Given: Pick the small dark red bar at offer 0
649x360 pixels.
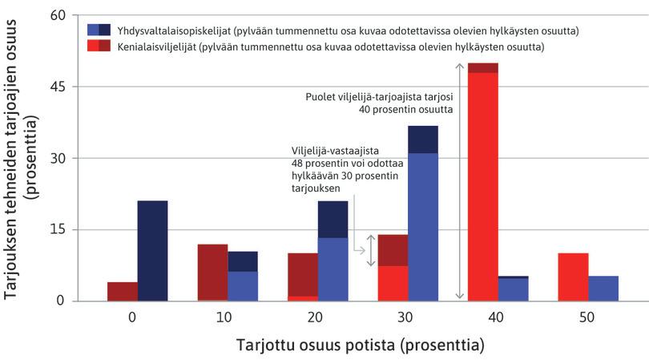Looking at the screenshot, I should click(123, 291).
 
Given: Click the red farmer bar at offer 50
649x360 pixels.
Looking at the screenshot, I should click(574, 277).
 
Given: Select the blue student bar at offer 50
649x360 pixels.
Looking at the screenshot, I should click(603, 288).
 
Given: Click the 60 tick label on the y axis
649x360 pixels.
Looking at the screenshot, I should click(59, 15).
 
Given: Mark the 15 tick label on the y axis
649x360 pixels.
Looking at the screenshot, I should click(59, 229).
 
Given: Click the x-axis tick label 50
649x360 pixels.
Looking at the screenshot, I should click(588, 318).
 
